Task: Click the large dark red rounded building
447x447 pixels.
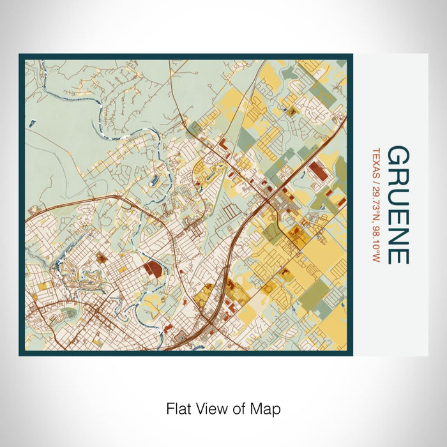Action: coord(153,269)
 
